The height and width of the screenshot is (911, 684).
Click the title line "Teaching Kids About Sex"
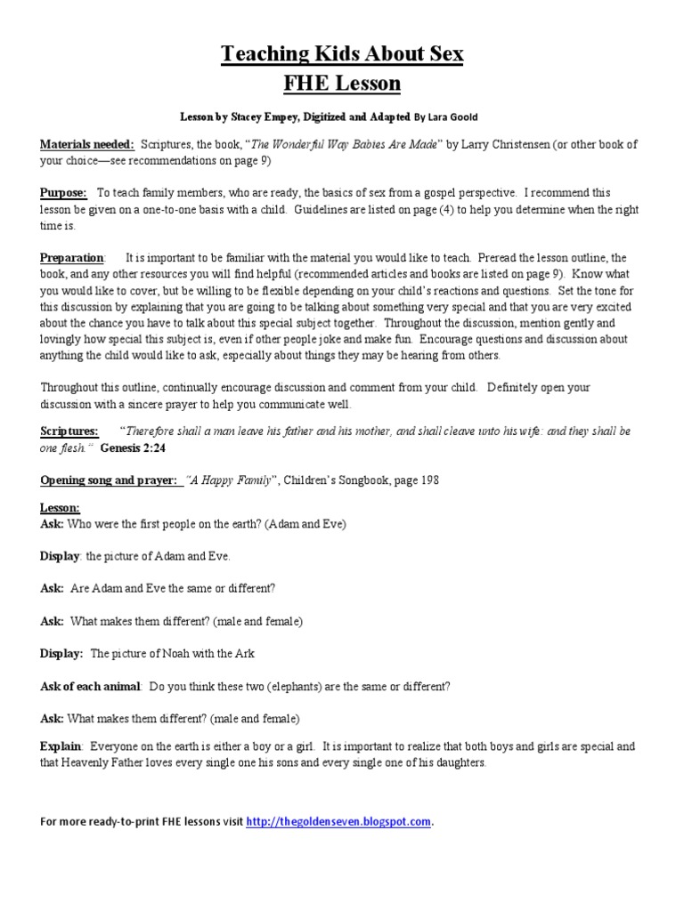[342, 54]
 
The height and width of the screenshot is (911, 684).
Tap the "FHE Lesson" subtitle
[342, 84]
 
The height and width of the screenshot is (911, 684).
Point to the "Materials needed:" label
[86, 144]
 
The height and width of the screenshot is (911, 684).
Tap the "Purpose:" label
[63, 192]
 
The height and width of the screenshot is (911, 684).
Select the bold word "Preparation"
[71, 257]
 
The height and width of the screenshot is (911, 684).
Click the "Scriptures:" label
[69, 431]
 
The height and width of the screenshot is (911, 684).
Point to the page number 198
[426, 480]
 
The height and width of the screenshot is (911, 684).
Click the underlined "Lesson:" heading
[60, 508]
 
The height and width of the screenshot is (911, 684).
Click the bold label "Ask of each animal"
[90, 687]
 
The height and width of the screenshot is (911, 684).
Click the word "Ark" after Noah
[244, 653]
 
